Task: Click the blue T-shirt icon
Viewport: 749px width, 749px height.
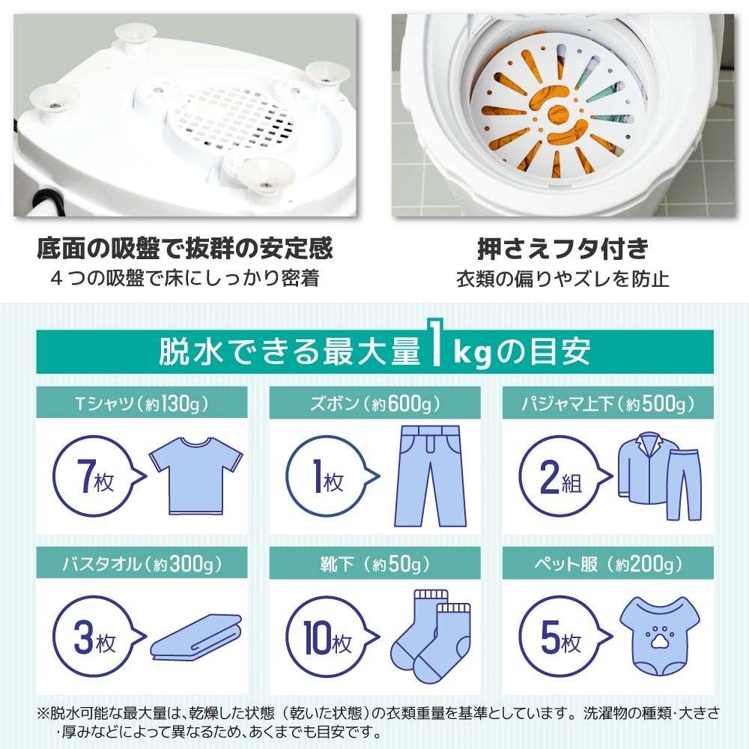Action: click(x=196, y=476)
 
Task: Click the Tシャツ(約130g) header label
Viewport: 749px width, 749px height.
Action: click(x=144, y=405)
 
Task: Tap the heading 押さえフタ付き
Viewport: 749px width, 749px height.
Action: click(x=562, y=249)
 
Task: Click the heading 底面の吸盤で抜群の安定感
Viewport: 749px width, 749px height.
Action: click(x=184, y=249)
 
